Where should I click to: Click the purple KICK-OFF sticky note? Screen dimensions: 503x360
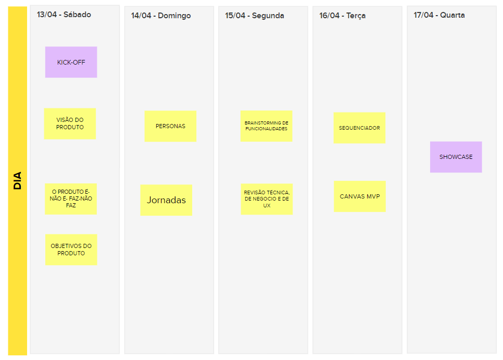click(x=71, y=62)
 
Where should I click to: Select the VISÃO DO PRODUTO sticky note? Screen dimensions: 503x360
click(x=70, y=123)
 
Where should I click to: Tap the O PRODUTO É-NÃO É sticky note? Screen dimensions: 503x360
click(x=71, y=199)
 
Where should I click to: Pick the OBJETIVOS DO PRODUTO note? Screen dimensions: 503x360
click(x=71, y=250)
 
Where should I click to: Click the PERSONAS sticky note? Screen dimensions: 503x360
click(x=170, y=126)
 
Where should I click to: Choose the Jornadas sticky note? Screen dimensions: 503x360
click(x=166, y=200)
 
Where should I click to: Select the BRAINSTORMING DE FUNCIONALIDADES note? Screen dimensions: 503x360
click(x=266, y=126)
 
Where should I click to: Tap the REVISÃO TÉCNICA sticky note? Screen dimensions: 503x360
click(x=267, y=199)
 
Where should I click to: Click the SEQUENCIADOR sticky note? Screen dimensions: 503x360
click(x=359, y=128)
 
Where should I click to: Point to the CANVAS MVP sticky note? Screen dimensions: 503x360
click(x=360, y=196)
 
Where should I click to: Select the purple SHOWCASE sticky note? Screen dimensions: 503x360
click(x=456, y=157)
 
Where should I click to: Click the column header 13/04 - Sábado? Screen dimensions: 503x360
click(x=64, y=15)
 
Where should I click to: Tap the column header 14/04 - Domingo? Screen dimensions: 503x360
click(x=161, y=16)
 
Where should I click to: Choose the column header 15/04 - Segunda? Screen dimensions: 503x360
click(x=255, y=16)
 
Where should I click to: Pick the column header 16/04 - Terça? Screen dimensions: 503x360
click(x=342, y=16)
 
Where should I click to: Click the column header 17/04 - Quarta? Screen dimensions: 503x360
click(x=439, y=15)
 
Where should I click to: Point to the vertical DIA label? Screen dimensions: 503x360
click(x=17, y=181)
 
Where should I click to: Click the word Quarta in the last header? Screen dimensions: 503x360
click(x=452, y=15)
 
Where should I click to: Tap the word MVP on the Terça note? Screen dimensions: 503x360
click(x=373, y=196)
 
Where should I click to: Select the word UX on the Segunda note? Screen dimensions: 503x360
click(x=267, y=206)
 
